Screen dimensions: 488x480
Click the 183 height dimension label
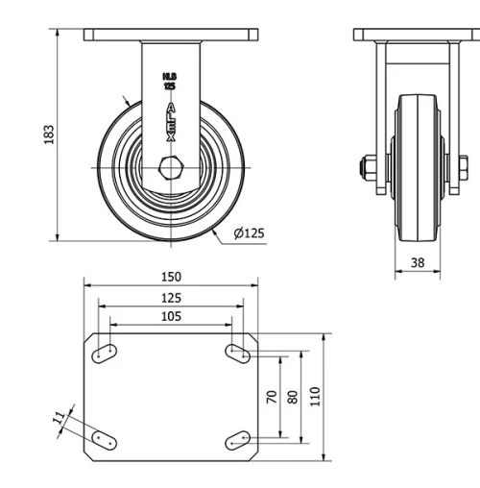[x=49, y=134]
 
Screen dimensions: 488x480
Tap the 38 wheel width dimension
[x=418, y=260]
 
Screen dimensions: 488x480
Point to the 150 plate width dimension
[x=171, y=278]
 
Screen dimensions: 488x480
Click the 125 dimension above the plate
[x=171, y=298]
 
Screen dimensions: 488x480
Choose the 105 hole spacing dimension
[x=171, y=317]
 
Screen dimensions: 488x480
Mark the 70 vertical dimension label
[x=272, y=396]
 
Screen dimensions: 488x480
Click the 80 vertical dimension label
[x=293, y=396]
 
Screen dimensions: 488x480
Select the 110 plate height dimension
[x=315, y=396]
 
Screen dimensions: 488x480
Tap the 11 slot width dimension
[x=59, y=417]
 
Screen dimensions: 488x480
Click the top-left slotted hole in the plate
[x=104, y=354]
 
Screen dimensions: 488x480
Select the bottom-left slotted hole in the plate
[x=104, y=440]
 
